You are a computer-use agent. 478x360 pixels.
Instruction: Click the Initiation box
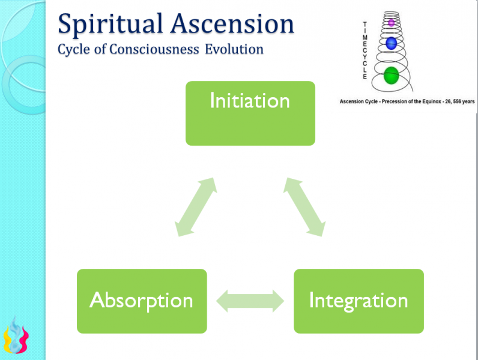coord(250,113)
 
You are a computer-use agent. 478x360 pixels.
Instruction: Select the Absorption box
coord(142,301)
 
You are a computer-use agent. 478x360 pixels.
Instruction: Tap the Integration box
coord(358,301)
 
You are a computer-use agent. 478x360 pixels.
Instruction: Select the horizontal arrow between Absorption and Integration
coord(250,301)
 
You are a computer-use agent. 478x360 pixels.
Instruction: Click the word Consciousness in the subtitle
coord(155,49)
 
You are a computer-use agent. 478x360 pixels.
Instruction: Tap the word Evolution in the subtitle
coord(234,49)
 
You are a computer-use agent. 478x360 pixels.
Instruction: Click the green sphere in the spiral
coord(391,76)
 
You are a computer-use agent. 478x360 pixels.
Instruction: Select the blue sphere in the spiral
coord(391,43)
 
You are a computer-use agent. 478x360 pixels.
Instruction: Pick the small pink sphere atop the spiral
coord(392,23)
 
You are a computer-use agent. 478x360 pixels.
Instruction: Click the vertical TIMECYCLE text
coord(364,49)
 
